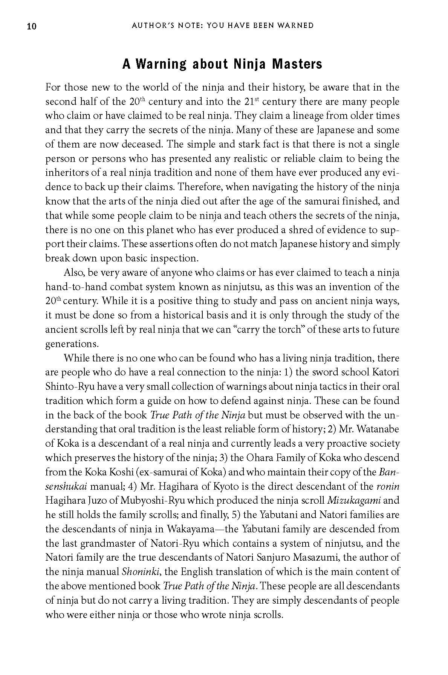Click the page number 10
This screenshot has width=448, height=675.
point(32,26)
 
